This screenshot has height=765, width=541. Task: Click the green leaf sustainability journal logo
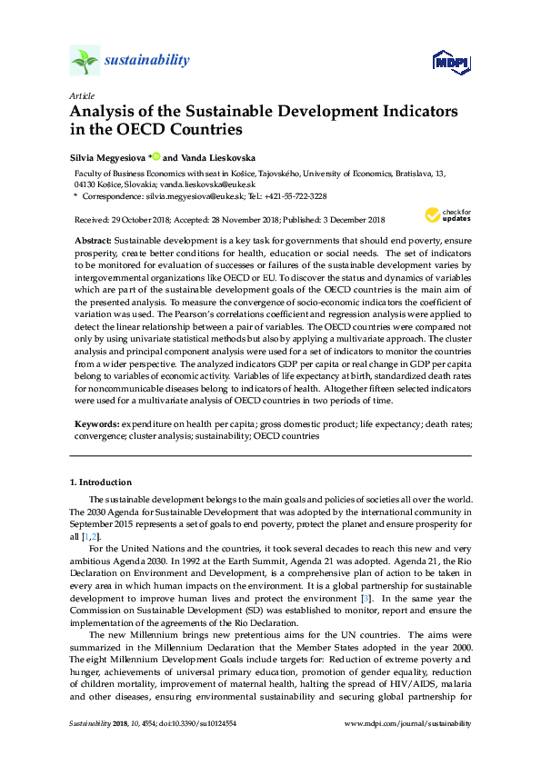85,61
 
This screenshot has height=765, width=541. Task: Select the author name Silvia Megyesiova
107,155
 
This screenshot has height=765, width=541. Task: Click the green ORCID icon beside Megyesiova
155,154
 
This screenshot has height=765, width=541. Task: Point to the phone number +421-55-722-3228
289,195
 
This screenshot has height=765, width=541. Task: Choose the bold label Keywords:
95,424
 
